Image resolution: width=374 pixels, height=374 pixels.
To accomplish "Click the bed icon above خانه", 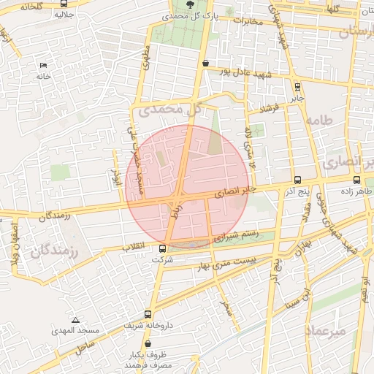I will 43,66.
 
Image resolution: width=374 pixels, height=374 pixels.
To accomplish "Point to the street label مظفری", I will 145,58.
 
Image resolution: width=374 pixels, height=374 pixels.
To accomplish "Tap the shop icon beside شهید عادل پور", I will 205,63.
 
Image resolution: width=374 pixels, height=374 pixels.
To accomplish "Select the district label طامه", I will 320,120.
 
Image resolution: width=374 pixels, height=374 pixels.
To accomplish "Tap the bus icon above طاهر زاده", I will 356,180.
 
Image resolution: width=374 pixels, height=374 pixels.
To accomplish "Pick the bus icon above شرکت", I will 162,248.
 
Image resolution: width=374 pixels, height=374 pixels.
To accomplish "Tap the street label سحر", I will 226,307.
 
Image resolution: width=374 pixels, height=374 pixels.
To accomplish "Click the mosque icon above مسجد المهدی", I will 76,320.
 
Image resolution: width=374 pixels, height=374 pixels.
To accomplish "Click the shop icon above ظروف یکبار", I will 148,343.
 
